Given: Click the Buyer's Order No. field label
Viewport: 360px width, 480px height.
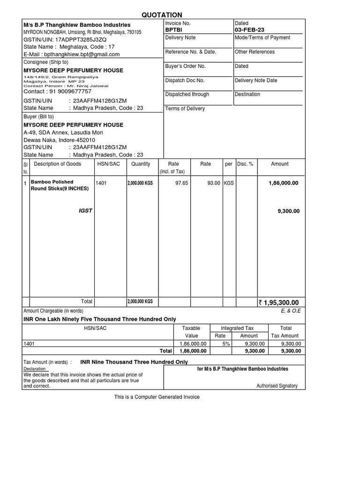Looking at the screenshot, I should coord(185,66).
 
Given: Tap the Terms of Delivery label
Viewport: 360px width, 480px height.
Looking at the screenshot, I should coord(185,109).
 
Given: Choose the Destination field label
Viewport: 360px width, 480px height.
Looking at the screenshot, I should coord(247,94).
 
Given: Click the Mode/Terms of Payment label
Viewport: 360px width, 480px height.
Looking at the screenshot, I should coord(262,37).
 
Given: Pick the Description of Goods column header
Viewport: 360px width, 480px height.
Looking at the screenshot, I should coord(57,164).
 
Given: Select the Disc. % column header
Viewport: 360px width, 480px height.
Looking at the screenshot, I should coord(245,164).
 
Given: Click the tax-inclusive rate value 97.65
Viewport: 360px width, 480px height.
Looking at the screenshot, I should coord(181,183).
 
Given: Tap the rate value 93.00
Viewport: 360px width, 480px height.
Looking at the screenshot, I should coord(214,183).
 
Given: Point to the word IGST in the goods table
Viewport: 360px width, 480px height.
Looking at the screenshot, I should coord(85,211).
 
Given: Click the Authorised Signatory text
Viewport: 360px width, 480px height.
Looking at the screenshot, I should coord(277,386).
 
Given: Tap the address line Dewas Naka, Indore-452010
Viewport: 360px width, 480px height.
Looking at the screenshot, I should coord(59,140).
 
